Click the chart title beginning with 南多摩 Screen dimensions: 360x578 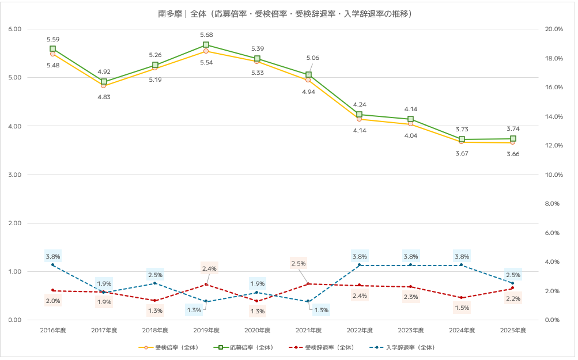tap(289, 13)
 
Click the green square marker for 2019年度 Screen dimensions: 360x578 tap(206, 45)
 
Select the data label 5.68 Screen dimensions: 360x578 tap(206, 35)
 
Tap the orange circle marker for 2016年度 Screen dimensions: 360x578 tap(52, 54)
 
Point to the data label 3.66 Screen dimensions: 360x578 tap(513, 154)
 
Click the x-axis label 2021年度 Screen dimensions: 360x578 tap(309, 330)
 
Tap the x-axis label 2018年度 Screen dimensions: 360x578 tap(155, 330)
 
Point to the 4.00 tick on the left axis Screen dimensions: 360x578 tap(14, 126)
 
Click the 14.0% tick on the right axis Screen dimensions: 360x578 tap(554, 116)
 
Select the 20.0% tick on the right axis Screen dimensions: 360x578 tap(554, 29)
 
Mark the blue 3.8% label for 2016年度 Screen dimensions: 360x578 tap(52, 256)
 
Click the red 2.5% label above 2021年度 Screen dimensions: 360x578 tap(299, 263)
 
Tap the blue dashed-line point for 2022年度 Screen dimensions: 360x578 tap(359, 265)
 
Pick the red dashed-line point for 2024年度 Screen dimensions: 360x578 tap(462, 298)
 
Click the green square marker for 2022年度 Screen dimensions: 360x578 tap(359, 115)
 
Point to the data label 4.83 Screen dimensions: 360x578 tap(104, 97)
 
